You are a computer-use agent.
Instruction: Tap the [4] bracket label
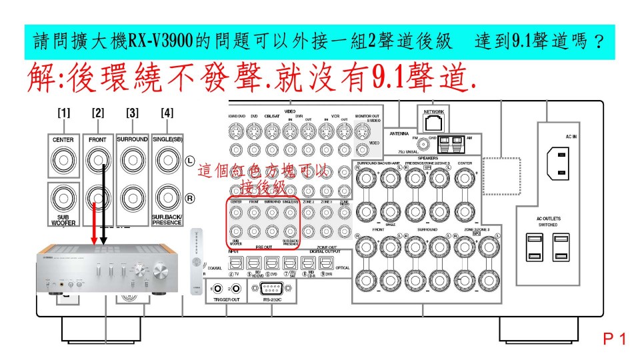[x=167, y=113]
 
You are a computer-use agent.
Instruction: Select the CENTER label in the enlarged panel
[x=63, y=140]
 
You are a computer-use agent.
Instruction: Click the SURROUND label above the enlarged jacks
[x=132, y=140]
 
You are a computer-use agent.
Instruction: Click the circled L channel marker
[x=189, y=160]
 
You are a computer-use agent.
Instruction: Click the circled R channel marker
[x=189, y=199]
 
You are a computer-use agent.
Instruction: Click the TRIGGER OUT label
[x=225, y=300]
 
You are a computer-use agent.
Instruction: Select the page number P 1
[x=614, y=339]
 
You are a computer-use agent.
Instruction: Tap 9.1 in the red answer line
[x=381, y=79]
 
